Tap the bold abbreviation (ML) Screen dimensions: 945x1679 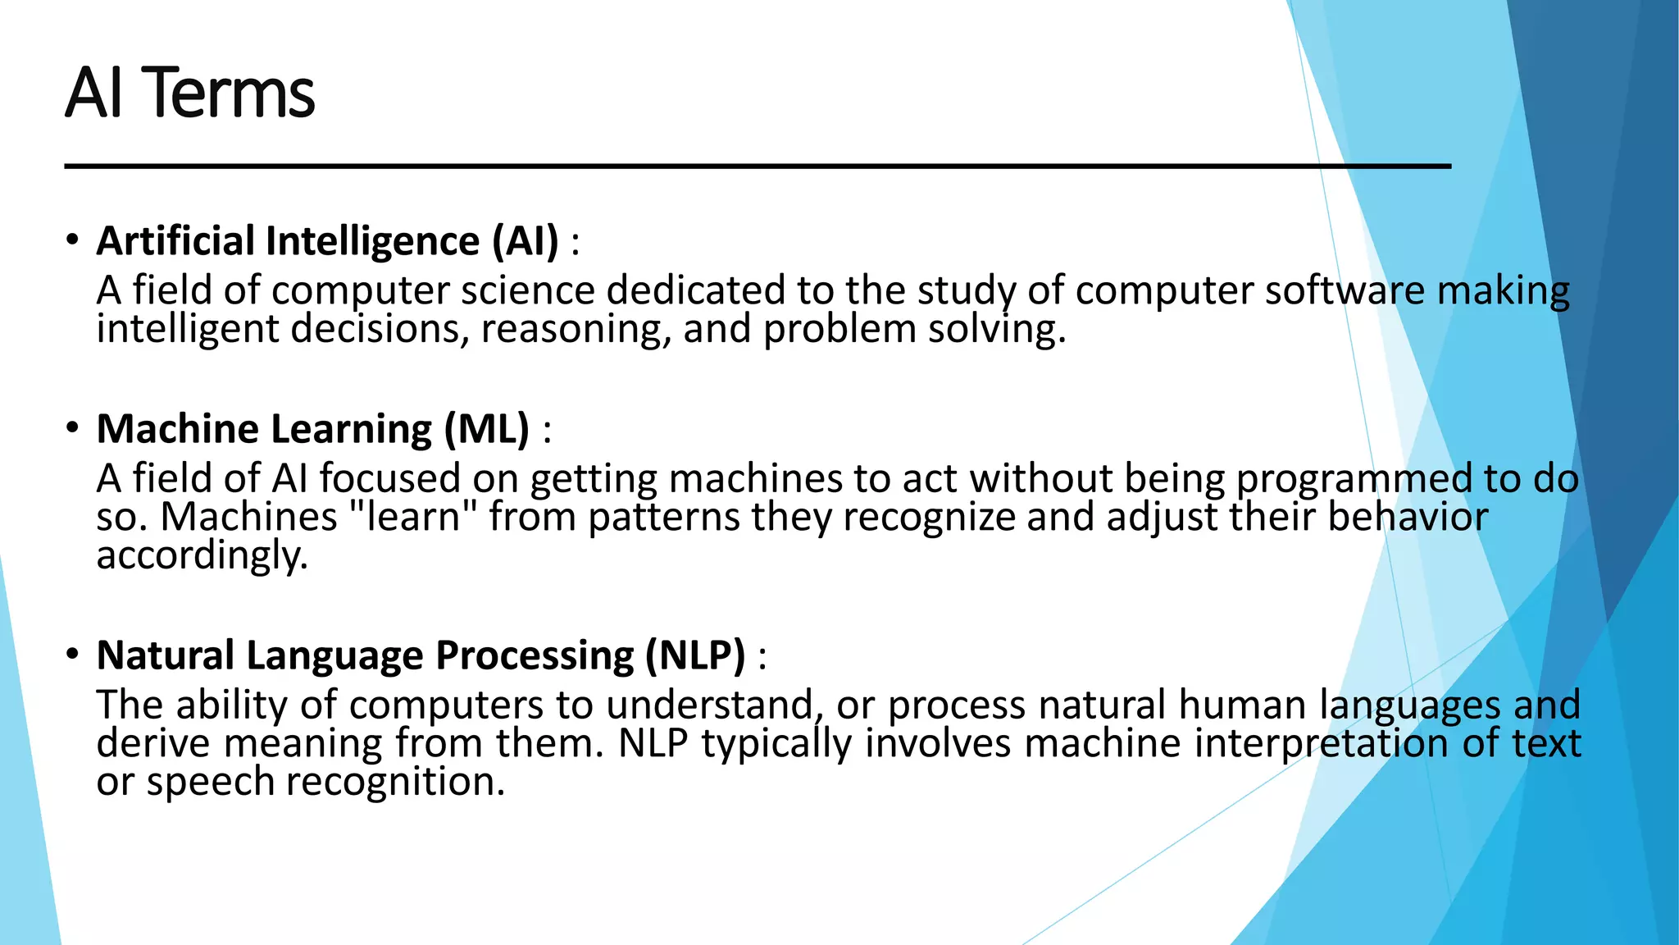[x=487, y=429]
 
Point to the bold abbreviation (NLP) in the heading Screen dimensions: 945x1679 [x=695, y=655]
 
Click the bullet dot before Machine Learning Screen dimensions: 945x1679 [x=73, y=427]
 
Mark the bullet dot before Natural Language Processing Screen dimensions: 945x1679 [x=73, y=654]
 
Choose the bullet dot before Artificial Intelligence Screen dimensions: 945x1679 [x=73, y=240]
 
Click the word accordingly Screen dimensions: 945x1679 [x=202, y=556]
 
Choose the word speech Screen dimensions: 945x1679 [x=210, y=782]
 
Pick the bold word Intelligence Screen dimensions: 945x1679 [x=373, y=241]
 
